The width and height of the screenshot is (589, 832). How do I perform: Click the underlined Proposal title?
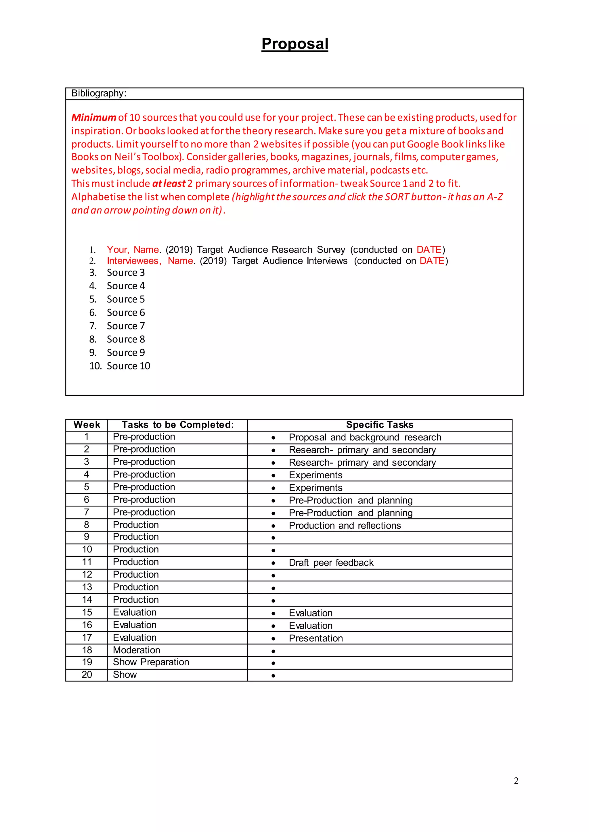[x=294, y=44]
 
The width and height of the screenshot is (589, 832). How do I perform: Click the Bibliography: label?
[x=99, y=93]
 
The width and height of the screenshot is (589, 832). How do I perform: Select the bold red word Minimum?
[x=93, y=118]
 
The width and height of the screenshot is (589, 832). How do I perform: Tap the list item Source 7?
[x=125, y=326]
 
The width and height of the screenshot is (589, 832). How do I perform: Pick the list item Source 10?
[x=128, y=366]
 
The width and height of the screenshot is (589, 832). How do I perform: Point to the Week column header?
[x=87, y=425]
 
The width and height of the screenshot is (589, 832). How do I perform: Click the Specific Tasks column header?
[x=379, y=425]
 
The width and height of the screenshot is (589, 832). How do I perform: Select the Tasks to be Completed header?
[x=178, y=425]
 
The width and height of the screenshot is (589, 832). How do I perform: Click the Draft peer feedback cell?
[x=331, y=563]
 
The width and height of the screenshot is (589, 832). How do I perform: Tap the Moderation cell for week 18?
[x=136, y=650]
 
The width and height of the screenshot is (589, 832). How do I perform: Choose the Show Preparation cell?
[x=151, y=662]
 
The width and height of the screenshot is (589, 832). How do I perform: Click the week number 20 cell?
[x=87, y=675]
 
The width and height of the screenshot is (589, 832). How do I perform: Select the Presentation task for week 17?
[x=315, y=638]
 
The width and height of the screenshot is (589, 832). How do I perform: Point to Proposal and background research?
[x=365, y=437]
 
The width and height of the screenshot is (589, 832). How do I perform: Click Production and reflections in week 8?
[x=345, y=525]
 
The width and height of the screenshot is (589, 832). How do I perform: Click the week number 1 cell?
[x=86, y=437]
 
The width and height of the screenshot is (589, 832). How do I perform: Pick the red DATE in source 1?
[x=429, y=250]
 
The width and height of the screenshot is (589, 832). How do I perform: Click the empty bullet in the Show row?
[x=273, y=676]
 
